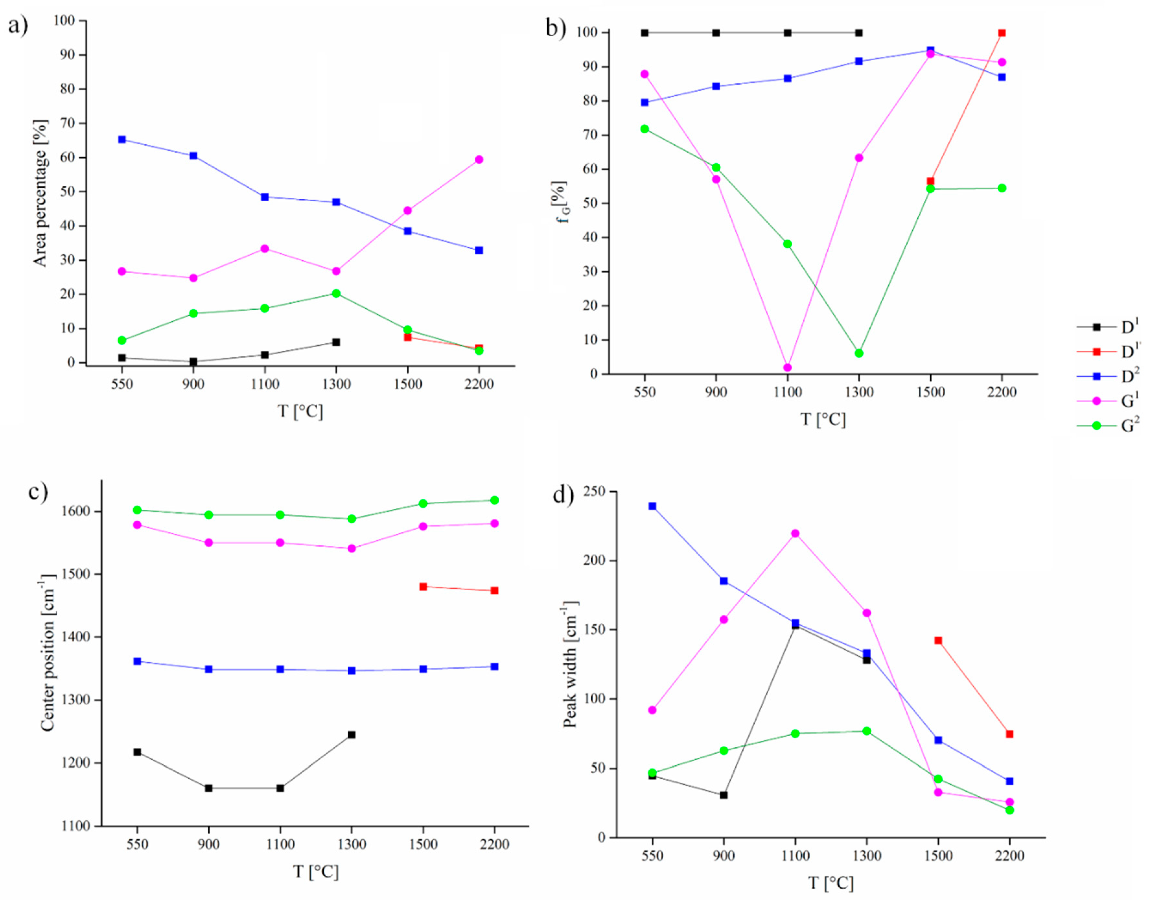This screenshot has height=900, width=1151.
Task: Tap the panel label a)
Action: point(18,25)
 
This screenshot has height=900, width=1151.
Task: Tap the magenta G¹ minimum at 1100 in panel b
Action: point(787,367)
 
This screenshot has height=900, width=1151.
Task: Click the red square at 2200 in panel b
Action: point(1002,33)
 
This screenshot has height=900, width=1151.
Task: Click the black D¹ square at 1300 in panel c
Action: point(352,734)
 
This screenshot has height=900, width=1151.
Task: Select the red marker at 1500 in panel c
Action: point(423,586)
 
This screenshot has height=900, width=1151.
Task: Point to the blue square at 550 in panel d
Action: point(652,506)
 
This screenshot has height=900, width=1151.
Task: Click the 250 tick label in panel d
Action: point(594,491)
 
